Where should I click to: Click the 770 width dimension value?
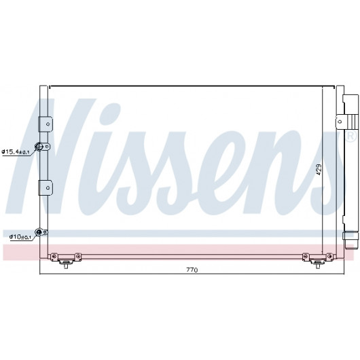192,270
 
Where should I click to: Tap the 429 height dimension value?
319,170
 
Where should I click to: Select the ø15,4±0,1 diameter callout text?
16,151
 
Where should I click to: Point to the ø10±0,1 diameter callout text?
20,236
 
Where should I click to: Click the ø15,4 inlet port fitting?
39,147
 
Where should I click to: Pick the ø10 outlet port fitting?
39,232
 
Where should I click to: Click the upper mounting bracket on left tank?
46,124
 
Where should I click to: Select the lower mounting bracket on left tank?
46,187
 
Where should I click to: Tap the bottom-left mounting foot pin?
66,266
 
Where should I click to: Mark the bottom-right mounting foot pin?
318,266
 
